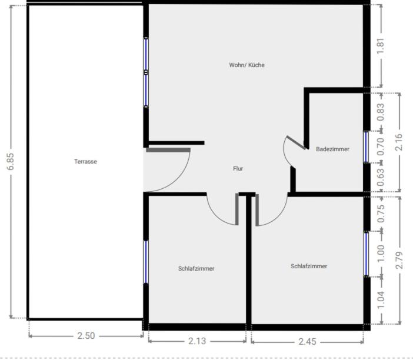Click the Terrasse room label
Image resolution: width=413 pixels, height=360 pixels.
click(x=85, y=161)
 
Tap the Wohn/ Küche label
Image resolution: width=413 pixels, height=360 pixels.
click(x=247, y=65)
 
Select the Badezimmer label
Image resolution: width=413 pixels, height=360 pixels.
click(x=332, y=149)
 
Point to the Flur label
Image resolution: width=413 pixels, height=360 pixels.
click(x=238, y=168)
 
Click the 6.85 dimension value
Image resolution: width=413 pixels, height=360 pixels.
click(x=11, y=161)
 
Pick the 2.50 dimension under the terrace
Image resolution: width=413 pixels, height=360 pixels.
click(x=86, y=336)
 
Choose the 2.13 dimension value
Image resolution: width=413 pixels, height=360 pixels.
click(x=197, y=341)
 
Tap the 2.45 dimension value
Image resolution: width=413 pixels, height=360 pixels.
click(x=307, y=342)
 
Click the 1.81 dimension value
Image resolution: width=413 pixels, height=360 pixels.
click(x=381, y=46)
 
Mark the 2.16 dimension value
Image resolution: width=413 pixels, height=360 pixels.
click(x=399, y=142)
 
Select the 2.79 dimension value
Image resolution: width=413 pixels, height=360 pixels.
click(x=399, y=260)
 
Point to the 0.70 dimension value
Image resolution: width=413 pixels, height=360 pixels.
click(x=381, y=146)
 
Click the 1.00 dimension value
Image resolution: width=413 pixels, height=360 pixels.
click(x=381, y=254)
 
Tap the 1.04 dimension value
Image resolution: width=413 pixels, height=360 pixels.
click(x=381, y=300)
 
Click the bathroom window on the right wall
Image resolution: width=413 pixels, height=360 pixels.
click(x=366, y=146)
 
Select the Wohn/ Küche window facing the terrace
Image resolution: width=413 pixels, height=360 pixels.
click(x=146, y=72)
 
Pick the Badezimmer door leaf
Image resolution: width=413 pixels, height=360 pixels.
click(x=296, y=143)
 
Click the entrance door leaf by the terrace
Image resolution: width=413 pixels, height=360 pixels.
click(x=168, y=150)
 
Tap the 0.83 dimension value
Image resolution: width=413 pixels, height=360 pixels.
click(x=381, y=112)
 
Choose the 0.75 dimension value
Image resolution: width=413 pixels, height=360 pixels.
click(x=381, y=214)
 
